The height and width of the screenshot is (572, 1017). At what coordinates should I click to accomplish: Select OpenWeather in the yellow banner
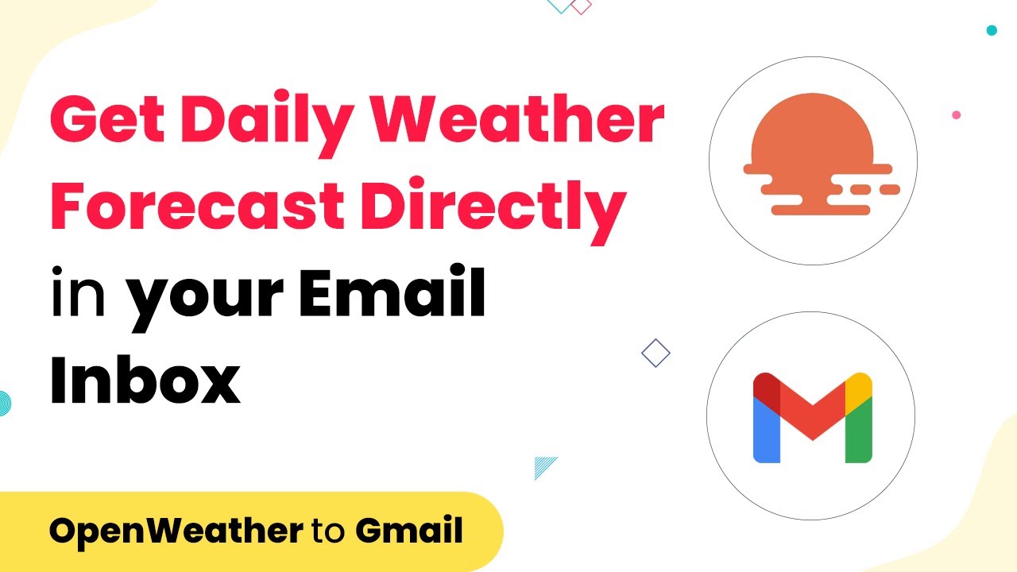pyautogui.click(x=175, y=531)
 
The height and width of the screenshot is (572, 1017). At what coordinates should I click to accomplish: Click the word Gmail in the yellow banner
pyautogui.click(x=409, y=531)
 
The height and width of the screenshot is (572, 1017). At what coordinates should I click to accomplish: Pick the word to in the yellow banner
pyautogui.click(x=329, y=531)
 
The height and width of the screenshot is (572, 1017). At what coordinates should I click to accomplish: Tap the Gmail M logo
pyautogui.click(x=812, y=417)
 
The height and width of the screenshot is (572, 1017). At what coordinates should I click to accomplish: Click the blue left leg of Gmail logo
pyautogui.click(x=764, y=433)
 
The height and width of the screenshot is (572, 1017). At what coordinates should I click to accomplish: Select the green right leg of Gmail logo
pyautogui.click(x=860, y=433)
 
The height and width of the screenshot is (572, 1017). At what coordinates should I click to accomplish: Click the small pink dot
pyautogui.click(x=957, y=115)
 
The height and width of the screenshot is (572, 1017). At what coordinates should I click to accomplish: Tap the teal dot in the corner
pyautogui.click(x=992, y=30)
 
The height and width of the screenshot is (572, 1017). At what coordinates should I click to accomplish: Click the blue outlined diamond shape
pyautogui.click(x=655, y=353)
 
